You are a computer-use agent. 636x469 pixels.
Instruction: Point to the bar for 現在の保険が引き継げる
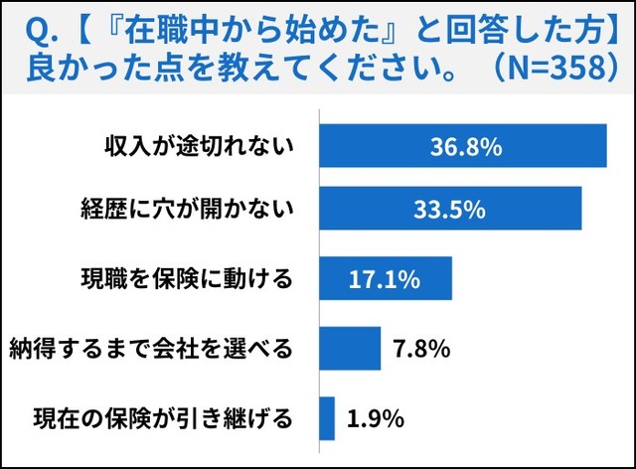coord(327,418)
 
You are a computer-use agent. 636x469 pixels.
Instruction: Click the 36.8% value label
coord(466,147)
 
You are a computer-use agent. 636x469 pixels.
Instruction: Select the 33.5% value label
coord(450,211)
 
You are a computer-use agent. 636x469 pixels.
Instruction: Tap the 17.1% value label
coord(384,279)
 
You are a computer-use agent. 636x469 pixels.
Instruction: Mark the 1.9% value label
coord(376,418)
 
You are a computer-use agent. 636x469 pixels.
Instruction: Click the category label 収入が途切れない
coord(201,147)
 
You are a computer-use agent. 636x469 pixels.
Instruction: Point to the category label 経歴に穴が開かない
coord(188,211)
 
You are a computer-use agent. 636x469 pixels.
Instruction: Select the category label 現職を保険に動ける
coord(188,279)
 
